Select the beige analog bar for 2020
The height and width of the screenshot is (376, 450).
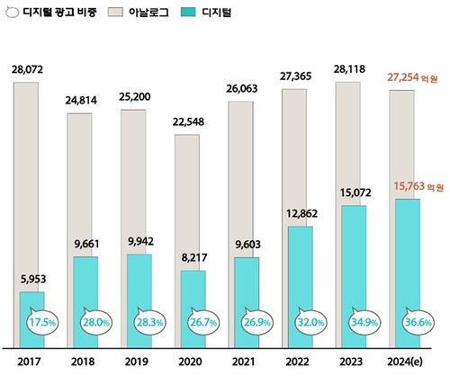(187, 198)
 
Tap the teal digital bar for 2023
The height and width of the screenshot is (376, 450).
(354, 261)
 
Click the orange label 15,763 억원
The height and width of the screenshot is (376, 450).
(408, 186)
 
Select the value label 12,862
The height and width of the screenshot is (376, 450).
(301, 214)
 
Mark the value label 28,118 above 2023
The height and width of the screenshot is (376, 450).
(354, 69)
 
